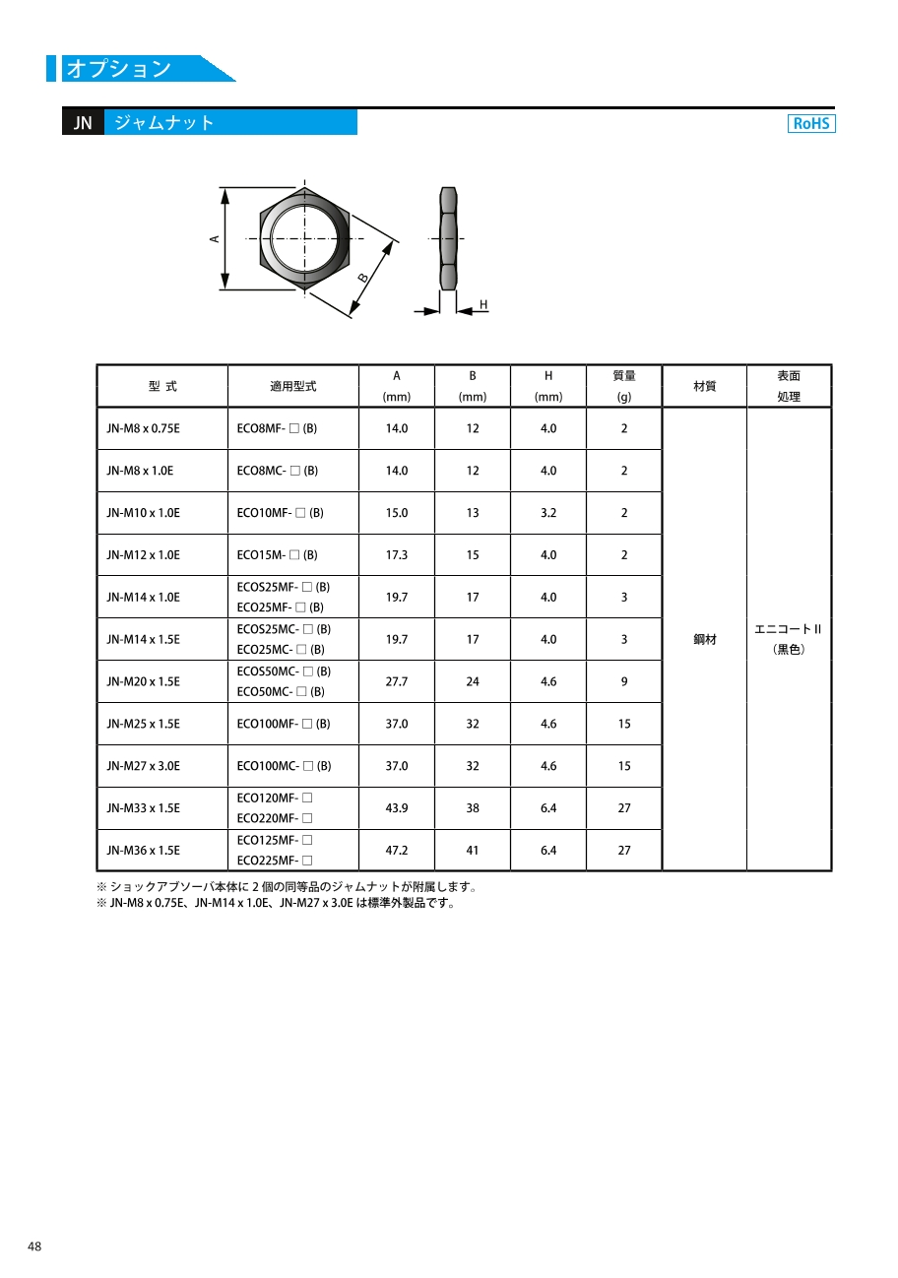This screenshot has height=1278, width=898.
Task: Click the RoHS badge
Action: point(811,123)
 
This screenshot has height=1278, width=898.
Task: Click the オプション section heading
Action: point(118,69)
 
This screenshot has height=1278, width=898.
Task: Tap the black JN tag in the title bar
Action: point(83,123)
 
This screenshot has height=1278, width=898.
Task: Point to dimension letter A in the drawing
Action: point(214,238)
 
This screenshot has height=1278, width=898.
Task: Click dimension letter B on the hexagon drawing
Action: point(363,278)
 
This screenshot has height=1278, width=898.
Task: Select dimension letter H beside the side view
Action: point(483,304)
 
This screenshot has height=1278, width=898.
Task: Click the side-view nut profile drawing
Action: point(448,238)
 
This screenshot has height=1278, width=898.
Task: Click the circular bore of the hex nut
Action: point(304,238)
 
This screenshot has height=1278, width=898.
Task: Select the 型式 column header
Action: point(162,386)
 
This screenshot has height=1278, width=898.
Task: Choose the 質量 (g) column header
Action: point(624,386)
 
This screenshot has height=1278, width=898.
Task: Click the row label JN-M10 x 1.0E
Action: point(143,513)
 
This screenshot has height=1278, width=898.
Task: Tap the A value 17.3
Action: point(396,555)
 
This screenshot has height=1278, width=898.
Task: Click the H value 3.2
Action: point(548,513)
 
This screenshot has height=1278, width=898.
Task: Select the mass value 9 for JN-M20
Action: point(624,681)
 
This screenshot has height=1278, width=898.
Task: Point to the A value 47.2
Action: point(396,850)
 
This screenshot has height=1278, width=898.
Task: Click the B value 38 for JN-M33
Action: point(473,808)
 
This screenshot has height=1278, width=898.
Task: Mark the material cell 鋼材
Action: point(705,639)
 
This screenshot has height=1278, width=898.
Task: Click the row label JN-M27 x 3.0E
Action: point(143,766)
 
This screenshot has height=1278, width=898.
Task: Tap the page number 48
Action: point(34,1246)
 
